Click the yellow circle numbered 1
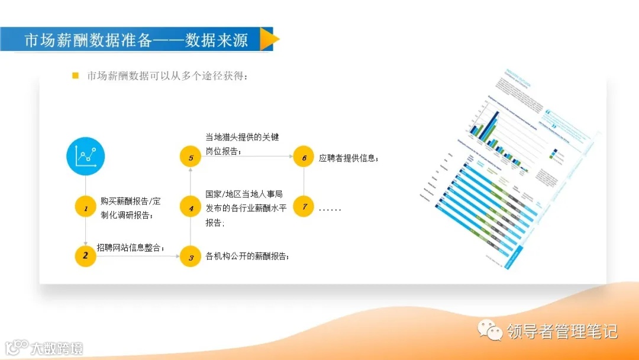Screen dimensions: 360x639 (x=86, y=208)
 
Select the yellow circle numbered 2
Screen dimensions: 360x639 (x=86, y=256)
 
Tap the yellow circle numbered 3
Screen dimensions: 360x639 (x=191, y=257)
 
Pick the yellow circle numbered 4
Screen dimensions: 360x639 (x=191, y=208)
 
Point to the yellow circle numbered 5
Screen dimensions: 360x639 (x=191, y=157)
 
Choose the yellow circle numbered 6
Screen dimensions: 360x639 (x=304, y=157)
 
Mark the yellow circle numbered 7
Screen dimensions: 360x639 (x=304, y=207)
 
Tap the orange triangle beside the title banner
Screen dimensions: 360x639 (x=269, y=40)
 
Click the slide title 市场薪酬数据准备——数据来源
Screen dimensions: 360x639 (x=135, y=40)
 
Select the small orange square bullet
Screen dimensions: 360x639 (x=75, y=76)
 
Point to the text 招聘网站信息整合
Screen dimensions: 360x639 (x=130, y=247)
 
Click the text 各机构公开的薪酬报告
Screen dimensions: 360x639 (x=247, y=256)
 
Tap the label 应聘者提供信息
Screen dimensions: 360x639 (x=348, y=158)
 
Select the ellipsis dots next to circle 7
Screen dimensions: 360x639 (x=330, y=209)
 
